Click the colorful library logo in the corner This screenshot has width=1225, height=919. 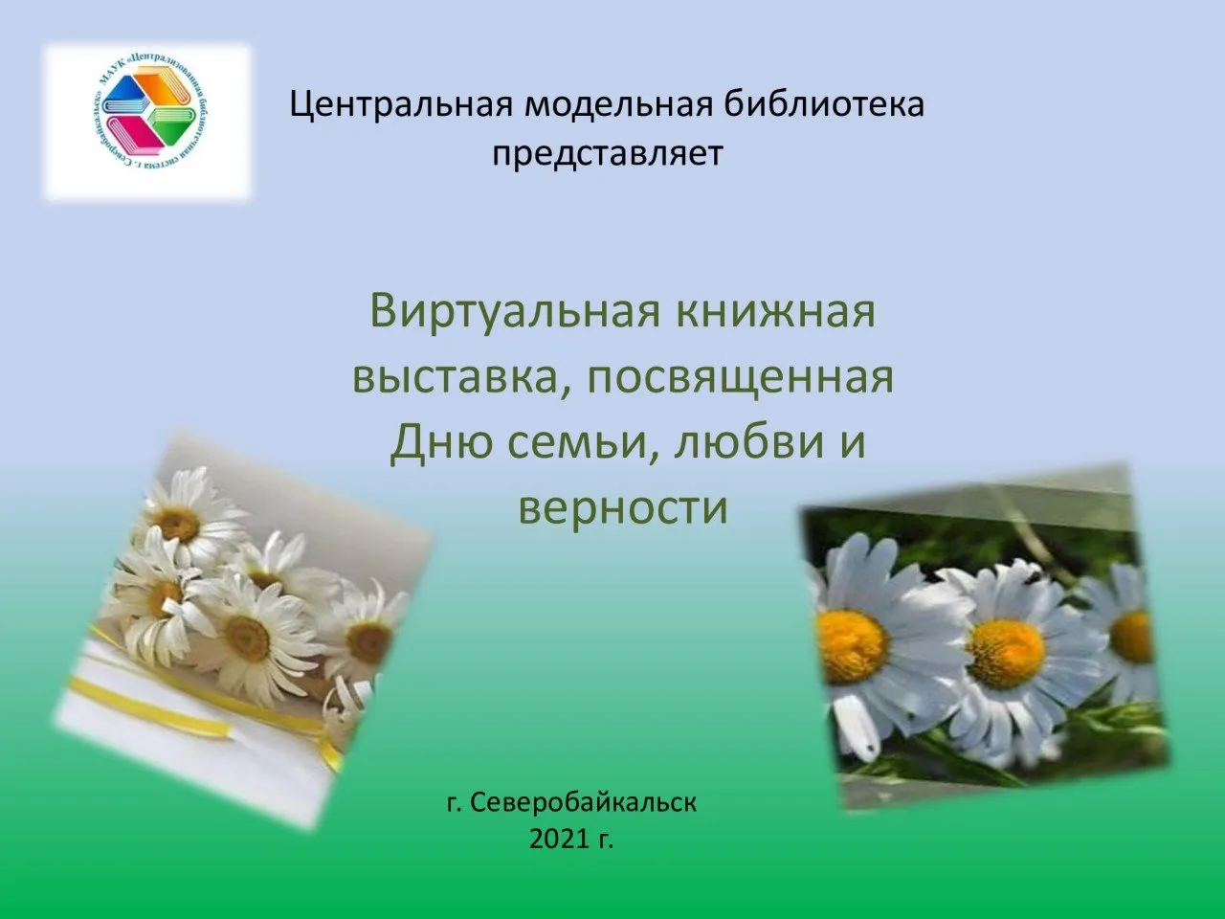(149, 121)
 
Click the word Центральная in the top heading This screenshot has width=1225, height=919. (401, 103)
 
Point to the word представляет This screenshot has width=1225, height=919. (607, 152)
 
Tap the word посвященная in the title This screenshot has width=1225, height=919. (740, 376)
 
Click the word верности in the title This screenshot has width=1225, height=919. (623, 506)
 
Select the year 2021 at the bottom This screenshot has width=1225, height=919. (559, 840)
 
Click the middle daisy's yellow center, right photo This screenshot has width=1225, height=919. (1005, 652)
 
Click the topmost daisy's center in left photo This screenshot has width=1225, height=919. (177, 523)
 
